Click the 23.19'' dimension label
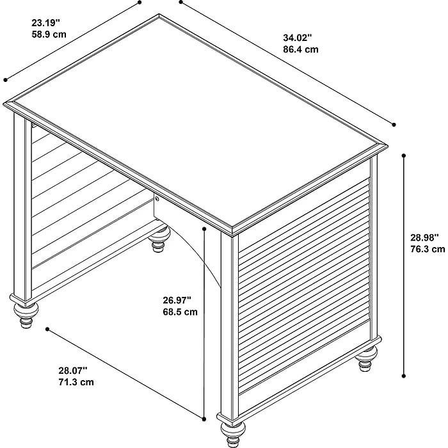45,22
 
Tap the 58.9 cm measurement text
49,35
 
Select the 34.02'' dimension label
298,37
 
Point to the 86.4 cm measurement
301,49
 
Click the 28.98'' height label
424,237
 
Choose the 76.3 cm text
428,249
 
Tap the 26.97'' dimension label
177,300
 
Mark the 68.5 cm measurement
180,312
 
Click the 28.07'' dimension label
73,371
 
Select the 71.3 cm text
76,382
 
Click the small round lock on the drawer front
157,198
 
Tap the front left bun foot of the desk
26,314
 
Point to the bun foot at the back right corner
366,358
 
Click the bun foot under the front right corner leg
233,435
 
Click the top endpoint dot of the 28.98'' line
404,156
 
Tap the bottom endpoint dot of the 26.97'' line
204,419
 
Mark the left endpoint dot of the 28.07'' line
47,330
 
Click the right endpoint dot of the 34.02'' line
394,125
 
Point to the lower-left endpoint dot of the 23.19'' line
5,80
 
